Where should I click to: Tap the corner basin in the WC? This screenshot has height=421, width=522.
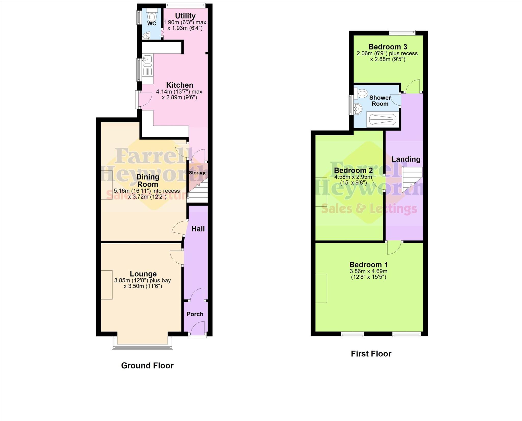(146, 36)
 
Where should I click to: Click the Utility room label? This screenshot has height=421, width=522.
(185, 16)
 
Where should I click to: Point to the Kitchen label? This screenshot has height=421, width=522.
(180, 85)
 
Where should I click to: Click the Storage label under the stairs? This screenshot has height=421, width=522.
(198, 173)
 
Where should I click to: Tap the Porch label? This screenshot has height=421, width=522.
(195, 314)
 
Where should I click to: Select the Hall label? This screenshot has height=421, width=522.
(198, 229)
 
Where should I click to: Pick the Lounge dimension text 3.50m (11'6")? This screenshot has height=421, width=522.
(143, 286)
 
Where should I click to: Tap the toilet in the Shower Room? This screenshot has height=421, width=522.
(361, 93)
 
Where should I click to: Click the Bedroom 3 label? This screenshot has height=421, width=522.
(387, 47)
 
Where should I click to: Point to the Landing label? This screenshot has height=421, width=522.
(406, 159)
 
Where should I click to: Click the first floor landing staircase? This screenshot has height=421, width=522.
(411, 178)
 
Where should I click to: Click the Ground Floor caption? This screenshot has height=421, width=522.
(147, 365)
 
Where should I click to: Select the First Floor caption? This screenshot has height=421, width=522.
(371, 353)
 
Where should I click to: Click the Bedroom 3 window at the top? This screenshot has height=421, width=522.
(402, 32)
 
